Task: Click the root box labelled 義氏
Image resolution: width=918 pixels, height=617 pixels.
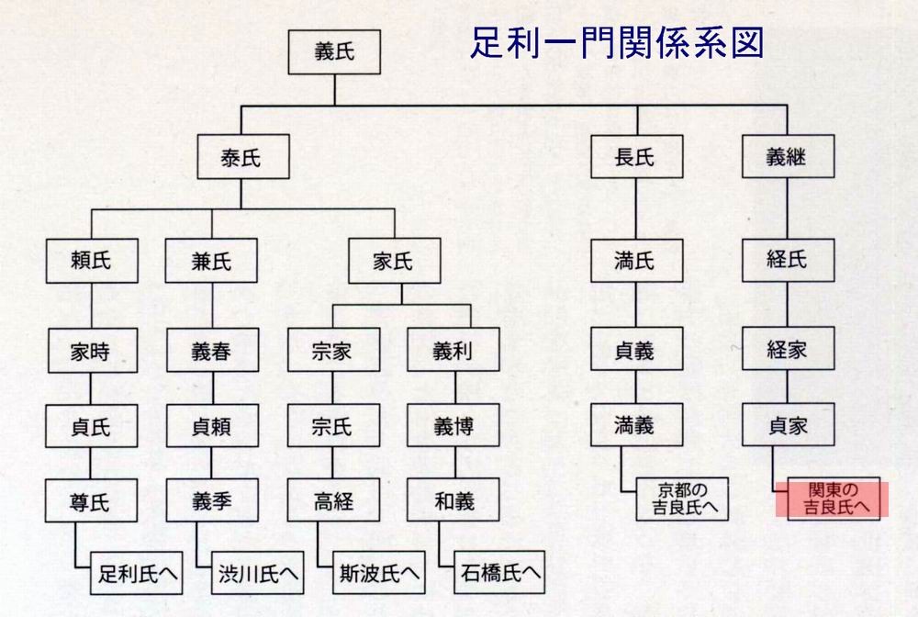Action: point(333,52)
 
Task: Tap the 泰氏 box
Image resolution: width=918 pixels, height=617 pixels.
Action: point(241,158)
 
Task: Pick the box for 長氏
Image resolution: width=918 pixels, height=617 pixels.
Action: point(634,158)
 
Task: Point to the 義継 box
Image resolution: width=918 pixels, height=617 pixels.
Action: point(786,158)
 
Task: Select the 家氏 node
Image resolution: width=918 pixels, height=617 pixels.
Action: point(394,262)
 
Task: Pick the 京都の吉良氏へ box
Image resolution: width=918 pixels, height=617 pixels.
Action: point(682,498)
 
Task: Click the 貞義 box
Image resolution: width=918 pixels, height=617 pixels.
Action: point(634,350)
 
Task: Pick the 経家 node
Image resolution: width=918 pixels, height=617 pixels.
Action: point(787,350)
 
